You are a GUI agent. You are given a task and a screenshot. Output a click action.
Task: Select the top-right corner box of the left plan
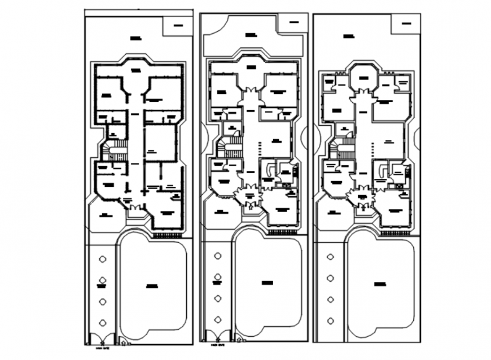(x=178, y=25)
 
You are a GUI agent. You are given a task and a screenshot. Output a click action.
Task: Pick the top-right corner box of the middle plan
(x=292, y=23)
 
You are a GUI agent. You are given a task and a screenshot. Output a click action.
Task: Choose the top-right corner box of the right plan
(x=405, y=24)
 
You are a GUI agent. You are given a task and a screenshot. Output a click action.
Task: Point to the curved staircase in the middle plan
(x=225, y=149)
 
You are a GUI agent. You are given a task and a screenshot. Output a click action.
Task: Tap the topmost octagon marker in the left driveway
(x=102, y=259)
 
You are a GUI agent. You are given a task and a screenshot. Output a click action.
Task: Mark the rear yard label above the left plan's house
(x=135, y=38)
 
